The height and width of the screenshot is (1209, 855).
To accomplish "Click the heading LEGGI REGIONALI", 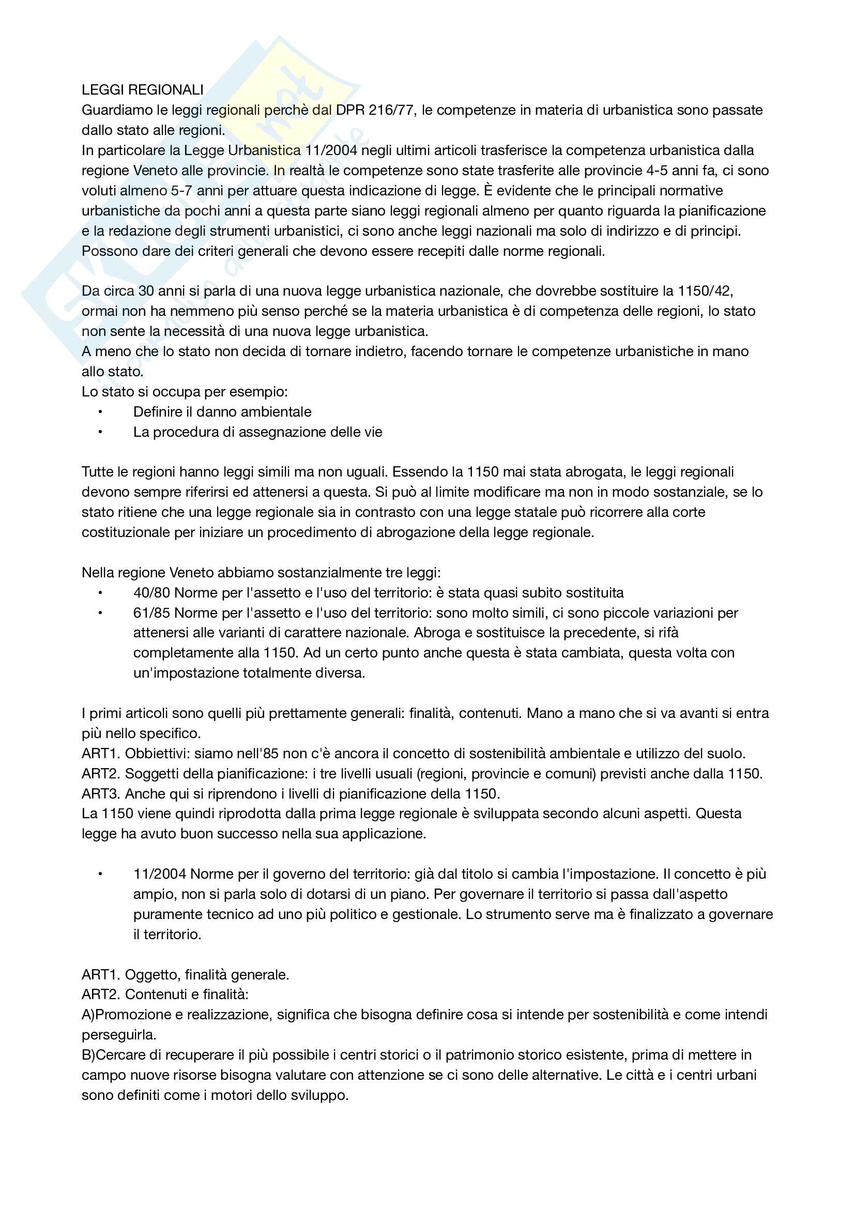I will pyautogui.click(x=142, y=90).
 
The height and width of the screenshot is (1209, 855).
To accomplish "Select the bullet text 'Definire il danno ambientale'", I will pyautogui.click(x=222, y=412).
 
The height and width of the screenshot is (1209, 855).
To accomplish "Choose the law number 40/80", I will pyautogui.click(x=151, y=593).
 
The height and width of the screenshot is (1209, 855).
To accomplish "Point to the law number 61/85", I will pyautogui.click(x=151, y=613).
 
